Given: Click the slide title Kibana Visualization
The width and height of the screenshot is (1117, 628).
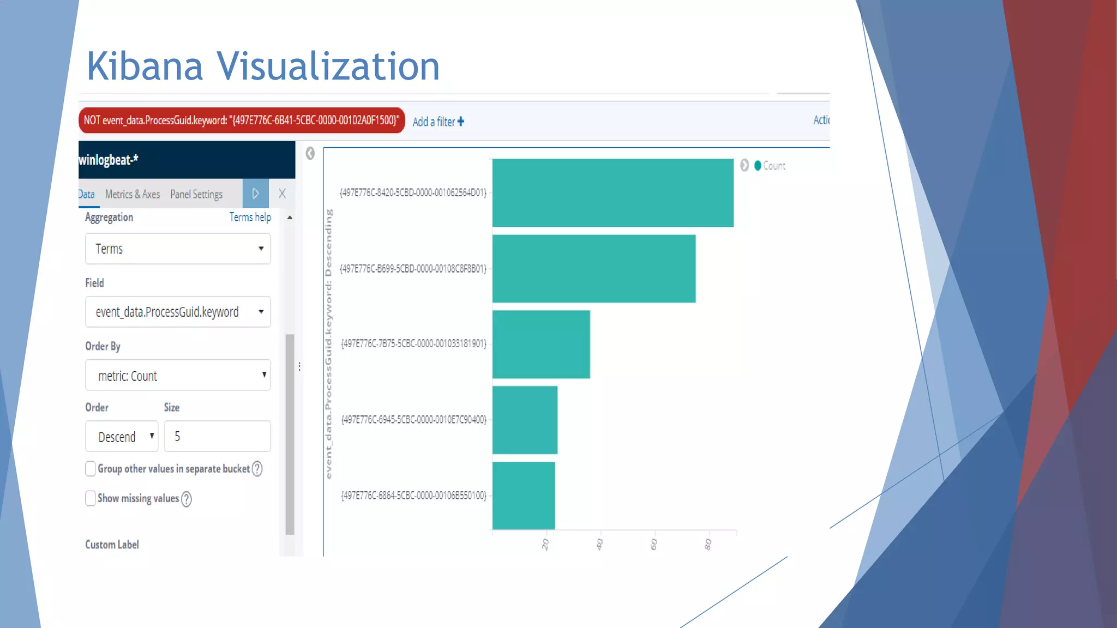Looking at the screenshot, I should point(263,66).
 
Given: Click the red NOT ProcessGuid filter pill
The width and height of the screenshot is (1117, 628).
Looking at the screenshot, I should point(242,120).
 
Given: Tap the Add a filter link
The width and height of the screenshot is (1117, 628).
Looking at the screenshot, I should point(438,122).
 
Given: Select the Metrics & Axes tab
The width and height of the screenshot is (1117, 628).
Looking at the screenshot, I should point(133,195).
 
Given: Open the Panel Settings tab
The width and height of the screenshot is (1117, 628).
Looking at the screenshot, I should point(196,195).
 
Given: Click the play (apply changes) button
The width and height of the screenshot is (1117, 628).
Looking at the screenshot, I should point(255,194).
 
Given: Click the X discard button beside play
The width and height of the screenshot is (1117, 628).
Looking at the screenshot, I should point(282,194).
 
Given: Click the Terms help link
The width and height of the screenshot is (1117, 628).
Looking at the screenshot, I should point(250,217).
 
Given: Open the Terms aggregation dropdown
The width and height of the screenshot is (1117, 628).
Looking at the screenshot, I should point(178,249).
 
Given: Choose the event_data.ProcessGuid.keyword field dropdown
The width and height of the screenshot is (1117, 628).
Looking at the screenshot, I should point(178,312).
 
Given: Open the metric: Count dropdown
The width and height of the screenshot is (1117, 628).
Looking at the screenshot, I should point(178,375).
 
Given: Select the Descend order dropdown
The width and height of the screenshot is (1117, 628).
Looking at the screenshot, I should point(122,436).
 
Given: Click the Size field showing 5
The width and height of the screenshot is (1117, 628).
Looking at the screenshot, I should point(217,436).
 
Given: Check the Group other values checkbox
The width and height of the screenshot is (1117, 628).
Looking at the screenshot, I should point(91,469).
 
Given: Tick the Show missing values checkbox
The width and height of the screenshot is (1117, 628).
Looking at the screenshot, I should point(91,498).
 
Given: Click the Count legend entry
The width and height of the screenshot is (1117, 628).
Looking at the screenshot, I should point(770,166).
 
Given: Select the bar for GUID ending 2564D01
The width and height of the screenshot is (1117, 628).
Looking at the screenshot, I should point(612,192).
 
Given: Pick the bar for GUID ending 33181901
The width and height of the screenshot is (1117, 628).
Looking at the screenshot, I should point(541,344).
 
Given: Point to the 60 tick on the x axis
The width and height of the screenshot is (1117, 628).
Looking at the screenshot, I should point(654,544).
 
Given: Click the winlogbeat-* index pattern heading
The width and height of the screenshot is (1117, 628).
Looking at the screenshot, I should point(109,160).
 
